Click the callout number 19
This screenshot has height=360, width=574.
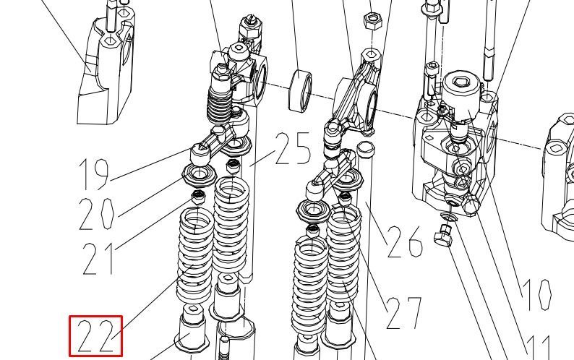(94, 174)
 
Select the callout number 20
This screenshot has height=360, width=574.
(96, 214)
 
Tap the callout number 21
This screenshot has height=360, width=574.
(98, 259)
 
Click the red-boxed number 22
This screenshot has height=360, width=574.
(96, 336)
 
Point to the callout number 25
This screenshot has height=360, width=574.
(293, 148)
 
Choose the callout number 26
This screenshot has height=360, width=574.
(406, 241)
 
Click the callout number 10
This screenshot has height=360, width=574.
(536, 295)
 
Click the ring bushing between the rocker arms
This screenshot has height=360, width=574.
(301, 90)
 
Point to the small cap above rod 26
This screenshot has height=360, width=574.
(366, 148)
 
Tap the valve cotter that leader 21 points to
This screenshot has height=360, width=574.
(198, 198)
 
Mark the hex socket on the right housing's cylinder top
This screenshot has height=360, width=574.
(461, 82)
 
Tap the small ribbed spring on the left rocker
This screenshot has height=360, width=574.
(219, 103)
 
